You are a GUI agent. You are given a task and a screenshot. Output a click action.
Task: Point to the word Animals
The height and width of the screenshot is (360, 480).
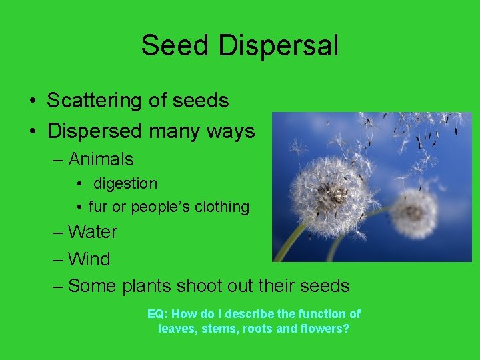pos(101,159)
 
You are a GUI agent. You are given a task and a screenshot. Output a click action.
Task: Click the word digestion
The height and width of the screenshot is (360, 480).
pos(125,183)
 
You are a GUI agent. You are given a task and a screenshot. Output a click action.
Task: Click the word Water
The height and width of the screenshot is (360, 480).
pos(93,232)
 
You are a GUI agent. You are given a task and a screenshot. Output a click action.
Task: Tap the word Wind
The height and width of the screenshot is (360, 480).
pos(89,259)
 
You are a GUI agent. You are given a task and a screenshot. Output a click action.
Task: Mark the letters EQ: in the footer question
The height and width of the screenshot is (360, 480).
pos(157,313)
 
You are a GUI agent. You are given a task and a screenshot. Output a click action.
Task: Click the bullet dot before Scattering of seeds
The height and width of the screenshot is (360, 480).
pos(32,101)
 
